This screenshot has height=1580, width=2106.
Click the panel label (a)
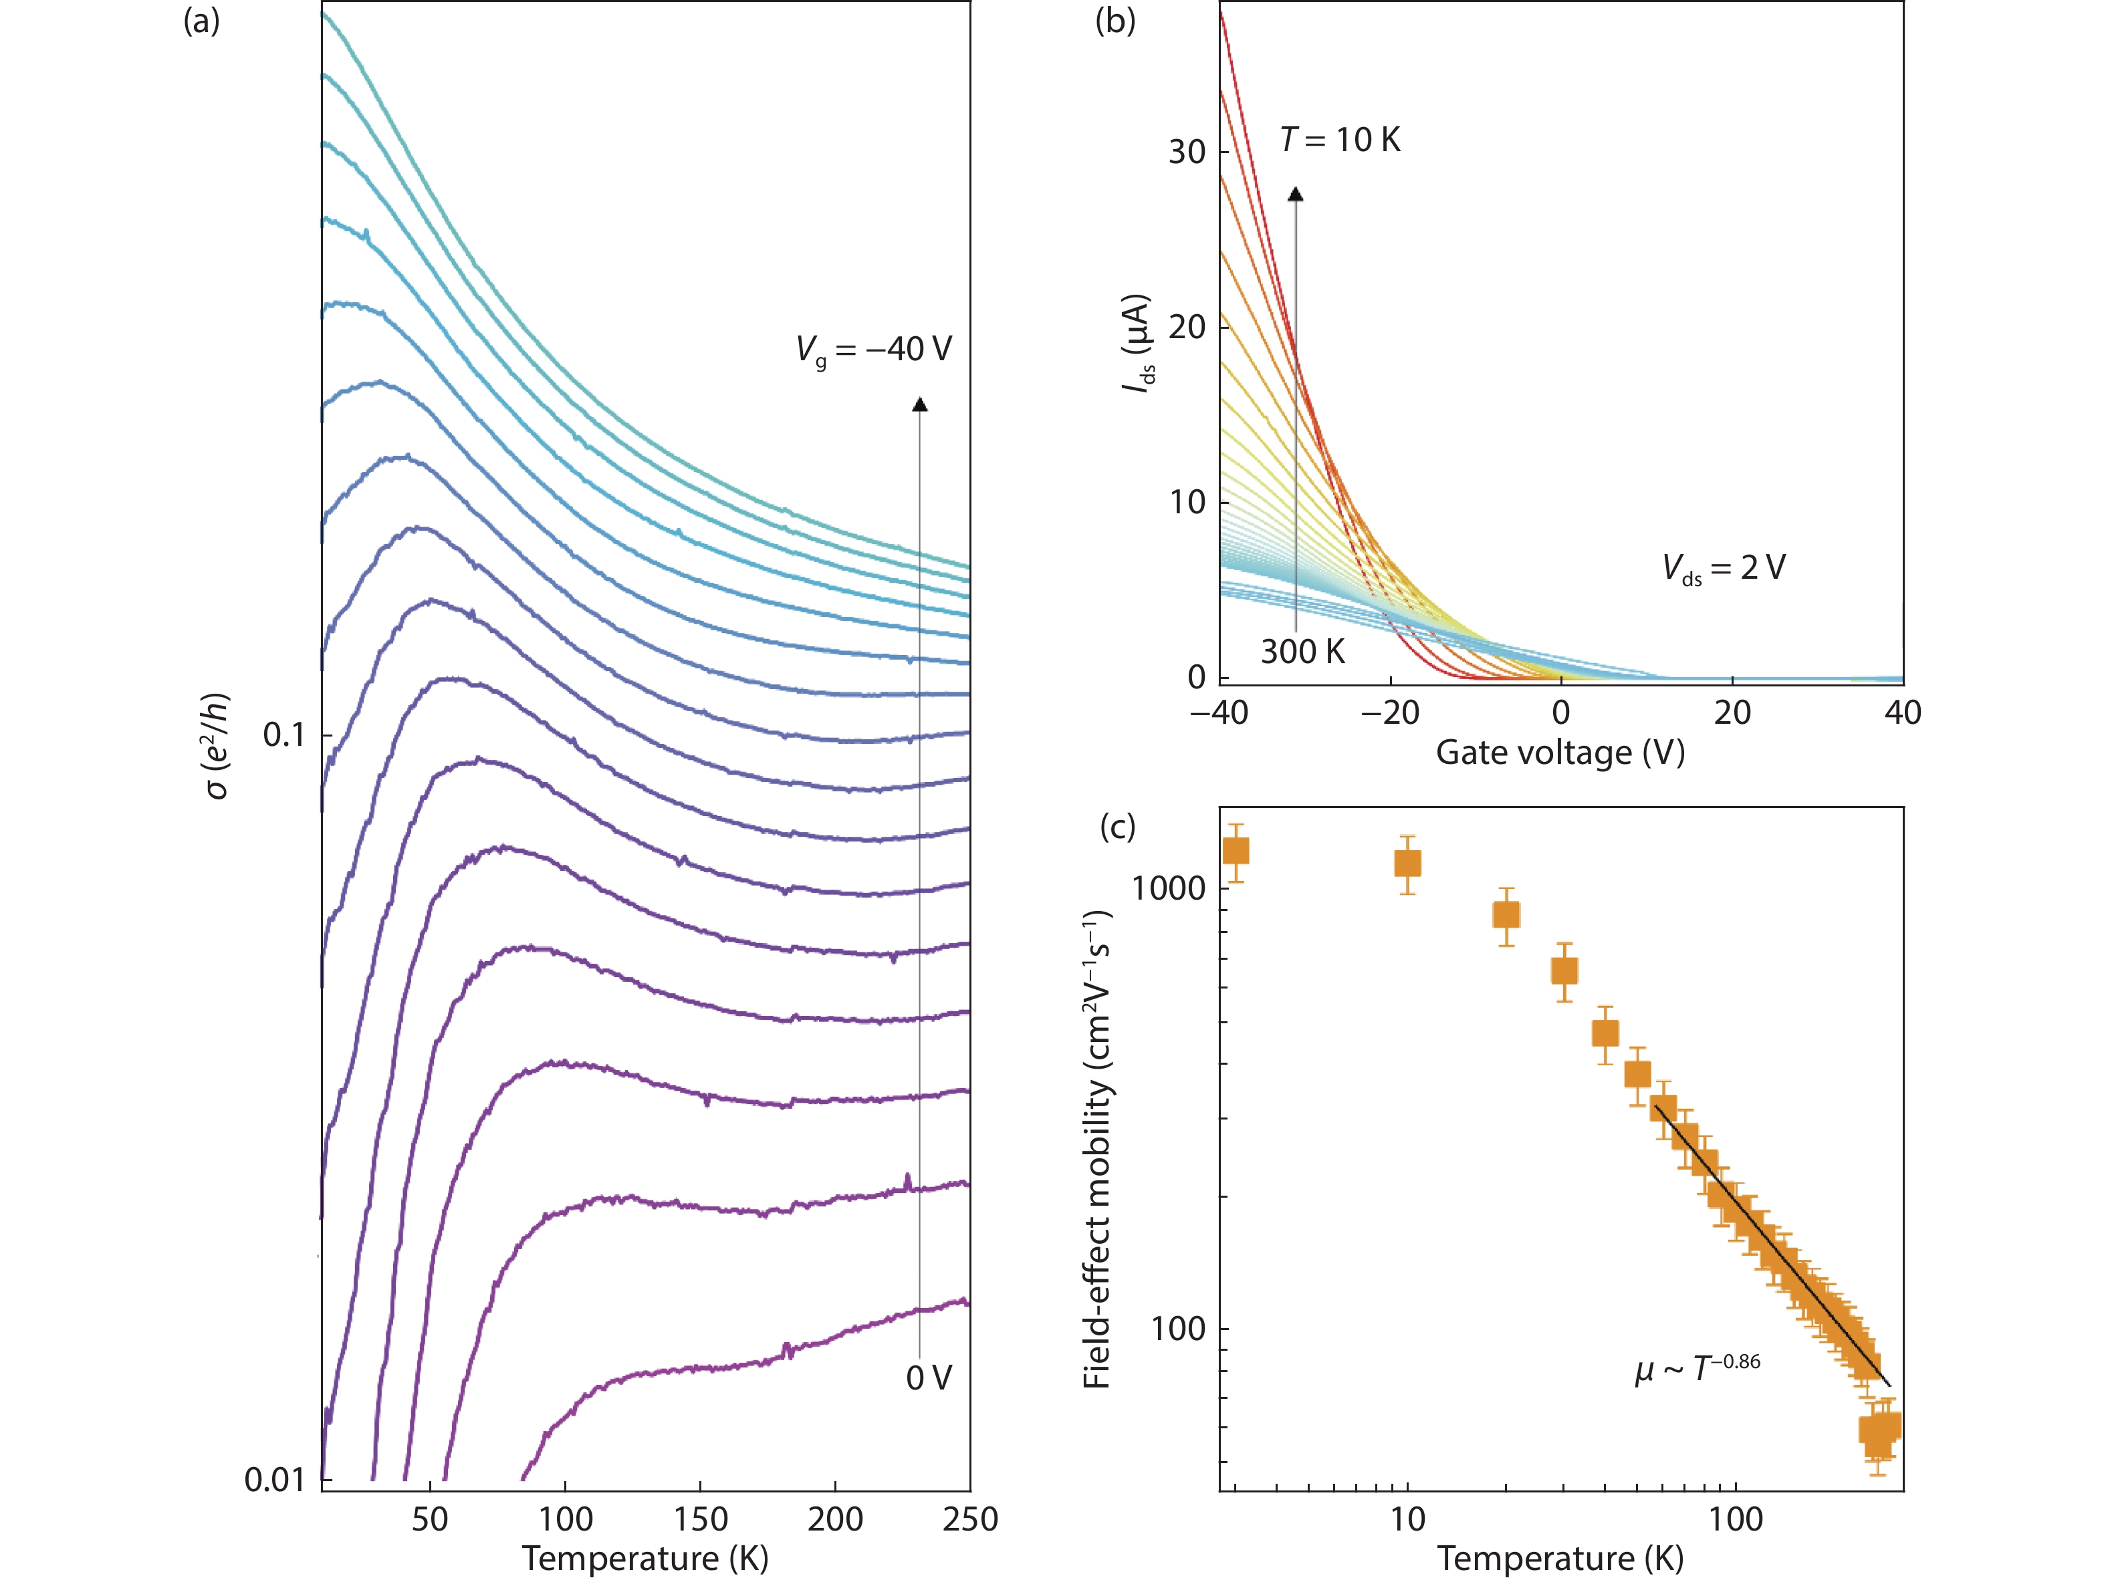point(201,21)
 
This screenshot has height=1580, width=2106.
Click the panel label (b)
point(1115,21)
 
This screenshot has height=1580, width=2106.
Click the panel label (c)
point(1118,826)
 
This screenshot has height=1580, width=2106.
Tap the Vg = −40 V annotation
point(873,350)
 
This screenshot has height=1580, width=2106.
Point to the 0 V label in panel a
point(928,1377)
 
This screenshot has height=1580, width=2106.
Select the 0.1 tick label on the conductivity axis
point(283,735)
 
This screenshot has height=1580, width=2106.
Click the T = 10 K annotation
point(1340,140)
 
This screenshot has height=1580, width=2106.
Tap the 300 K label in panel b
point(1302,652)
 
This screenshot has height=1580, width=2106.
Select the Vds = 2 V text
point(1724,568)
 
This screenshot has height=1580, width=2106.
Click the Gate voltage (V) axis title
point(1560,753)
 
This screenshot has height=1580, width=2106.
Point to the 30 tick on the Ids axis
point(1187,151)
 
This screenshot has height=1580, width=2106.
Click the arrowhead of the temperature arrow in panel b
point(1296,194)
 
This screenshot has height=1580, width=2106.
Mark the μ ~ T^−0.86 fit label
point(1698,1369)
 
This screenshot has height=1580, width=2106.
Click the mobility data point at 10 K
point(1407,864)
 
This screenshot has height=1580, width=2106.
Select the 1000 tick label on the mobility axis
point(1168,888)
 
